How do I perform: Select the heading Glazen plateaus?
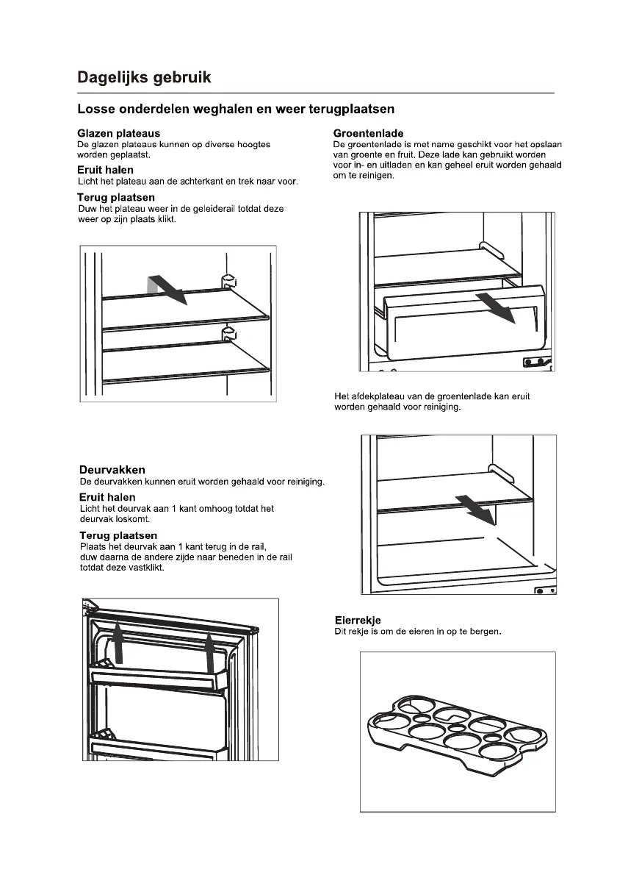pyautogui.click(x=118, y=134)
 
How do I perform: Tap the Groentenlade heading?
pyautogui.click(x=368, y=133)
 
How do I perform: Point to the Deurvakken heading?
pyautogui.click(x=112, y=470)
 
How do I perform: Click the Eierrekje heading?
pyautogui.click(x=357, y=620)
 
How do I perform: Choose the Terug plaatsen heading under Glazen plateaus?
pyautogui.click(x=116, y=197)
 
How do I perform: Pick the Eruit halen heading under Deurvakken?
pyautogui.click(x=107, y=497)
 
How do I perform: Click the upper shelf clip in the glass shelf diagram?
pyautogui.click(x=228, y=279)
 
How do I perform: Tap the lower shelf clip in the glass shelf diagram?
pyautogui.click(x=228, y=335)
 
